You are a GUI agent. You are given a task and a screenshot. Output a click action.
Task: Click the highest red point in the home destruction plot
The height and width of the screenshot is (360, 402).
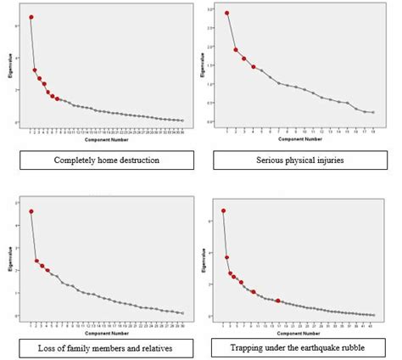pyautogui.click(x=31, y=17)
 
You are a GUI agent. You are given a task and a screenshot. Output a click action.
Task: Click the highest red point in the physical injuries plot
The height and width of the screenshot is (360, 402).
pyautogui.click(x=227, y=14)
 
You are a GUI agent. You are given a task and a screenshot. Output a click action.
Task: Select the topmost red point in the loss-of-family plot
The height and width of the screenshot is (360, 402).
pyautogui.click(x=31, y=211)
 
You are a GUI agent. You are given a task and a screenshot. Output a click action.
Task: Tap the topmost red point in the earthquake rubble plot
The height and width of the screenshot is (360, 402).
pyautogui.click(x=224, y=211)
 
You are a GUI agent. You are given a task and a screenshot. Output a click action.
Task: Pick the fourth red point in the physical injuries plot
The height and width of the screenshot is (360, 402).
pyautogui.click(x=253, y=66)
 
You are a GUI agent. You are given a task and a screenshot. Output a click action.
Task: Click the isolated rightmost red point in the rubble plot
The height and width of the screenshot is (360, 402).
pyautogui.click(x=277, y=301)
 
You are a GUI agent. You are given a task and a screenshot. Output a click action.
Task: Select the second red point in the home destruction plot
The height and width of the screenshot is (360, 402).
pyautogui.click(x=35, y=70)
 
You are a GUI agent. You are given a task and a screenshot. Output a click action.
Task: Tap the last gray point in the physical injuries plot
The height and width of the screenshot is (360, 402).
pyautogui.click(x=373, y=112)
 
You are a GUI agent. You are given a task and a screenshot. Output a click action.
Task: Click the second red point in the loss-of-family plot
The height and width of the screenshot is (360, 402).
pyautogui.click(x=36, y=261)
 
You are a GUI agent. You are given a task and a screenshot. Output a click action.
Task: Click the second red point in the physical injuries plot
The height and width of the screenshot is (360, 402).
pyautogui.click(x=236, y=50)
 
